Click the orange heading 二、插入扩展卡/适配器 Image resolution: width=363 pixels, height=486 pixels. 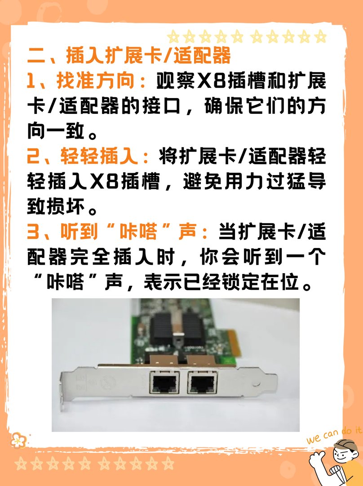pyautogui.click(x=129, y=57)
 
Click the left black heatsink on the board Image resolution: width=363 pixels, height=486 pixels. pyautogui.click(x=162, y=327)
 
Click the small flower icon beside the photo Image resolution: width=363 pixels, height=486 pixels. pyautogui.click(x=18, y=440)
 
